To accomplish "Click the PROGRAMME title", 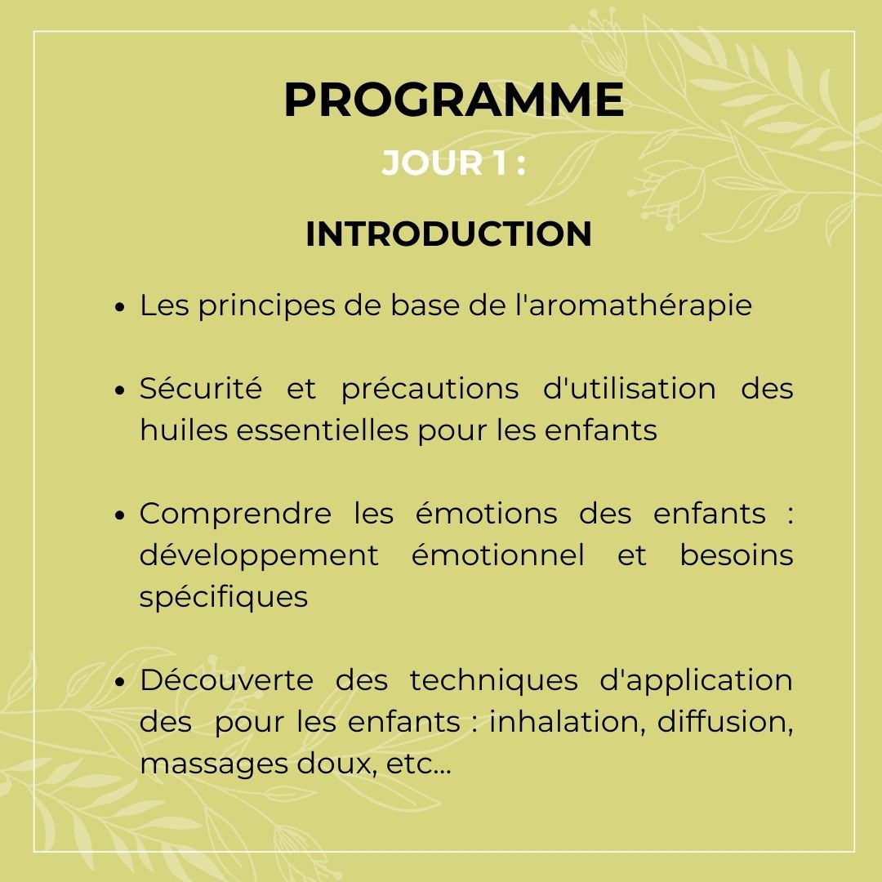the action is tap(454, 100).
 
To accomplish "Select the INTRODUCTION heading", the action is tap(448, 234).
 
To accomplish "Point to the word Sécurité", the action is tap(201, 388).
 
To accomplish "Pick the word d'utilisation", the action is tap(629, 388).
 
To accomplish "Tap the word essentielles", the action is tap(323, 430).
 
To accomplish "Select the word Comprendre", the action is tap(235, 514).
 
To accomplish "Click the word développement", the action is tap(259, 555).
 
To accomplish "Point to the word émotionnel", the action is tap(498, 555).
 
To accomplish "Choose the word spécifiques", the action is tap(223, 597).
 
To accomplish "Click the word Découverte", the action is tap(226, 679).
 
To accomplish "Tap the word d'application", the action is tap(697, 680).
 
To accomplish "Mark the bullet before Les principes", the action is tap(119, 307).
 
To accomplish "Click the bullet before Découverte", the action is tap(119, 682).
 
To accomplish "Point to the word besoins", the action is tap(737, 555).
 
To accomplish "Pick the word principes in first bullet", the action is tap(266, 306).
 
